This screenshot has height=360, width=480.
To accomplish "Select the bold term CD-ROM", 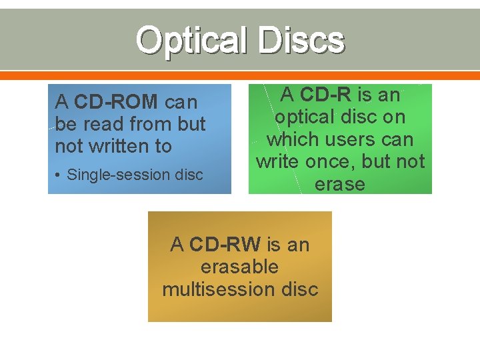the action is pyautogui.click(x=117, y=102).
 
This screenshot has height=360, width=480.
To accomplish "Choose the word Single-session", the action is pyautogui.click(x=118, y=175).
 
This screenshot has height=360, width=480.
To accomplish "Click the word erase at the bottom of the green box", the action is pyautogui.click(x=340, y=184).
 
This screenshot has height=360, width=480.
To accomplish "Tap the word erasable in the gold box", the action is pyautogui.click(x=239, y=267).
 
